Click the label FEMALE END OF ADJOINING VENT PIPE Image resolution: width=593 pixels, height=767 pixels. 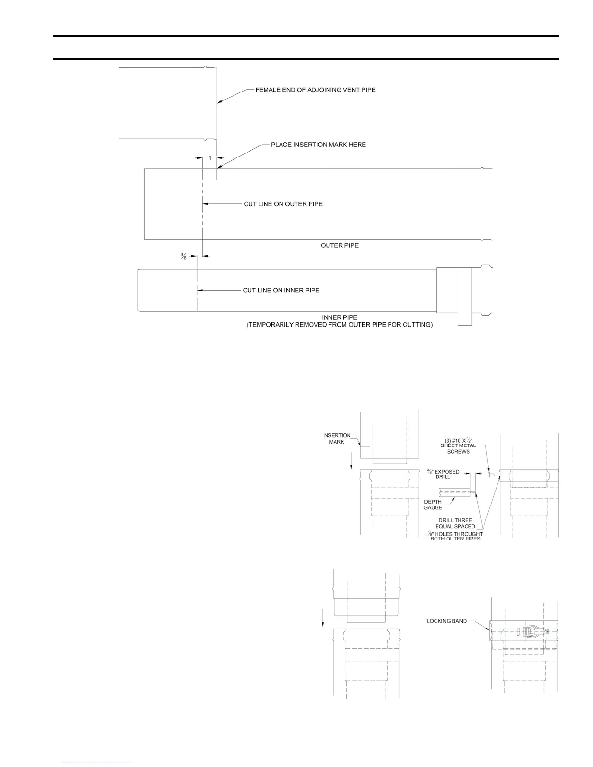(315, 90)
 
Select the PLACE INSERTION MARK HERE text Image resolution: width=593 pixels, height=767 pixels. (318, 145)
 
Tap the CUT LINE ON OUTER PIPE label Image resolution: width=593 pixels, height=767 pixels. (283, 204)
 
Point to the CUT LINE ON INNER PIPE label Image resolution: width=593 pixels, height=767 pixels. (281, 291)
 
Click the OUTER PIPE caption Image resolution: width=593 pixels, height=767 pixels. (340, 245)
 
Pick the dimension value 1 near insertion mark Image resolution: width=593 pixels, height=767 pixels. (209, 158)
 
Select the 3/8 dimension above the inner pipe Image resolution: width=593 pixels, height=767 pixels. (184, 256)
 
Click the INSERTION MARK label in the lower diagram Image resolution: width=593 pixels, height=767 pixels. (337, 438)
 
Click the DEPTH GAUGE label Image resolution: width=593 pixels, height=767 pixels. (433, 505)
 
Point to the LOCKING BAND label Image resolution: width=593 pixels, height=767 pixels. (447, 621)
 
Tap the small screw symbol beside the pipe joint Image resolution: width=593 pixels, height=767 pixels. (490, 475)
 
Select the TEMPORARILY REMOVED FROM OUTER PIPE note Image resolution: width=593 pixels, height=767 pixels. (340, 325)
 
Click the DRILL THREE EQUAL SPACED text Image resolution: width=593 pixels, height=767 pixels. (455, 523)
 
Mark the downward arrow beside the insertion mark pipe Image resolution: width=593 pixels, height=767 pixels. (352, 465)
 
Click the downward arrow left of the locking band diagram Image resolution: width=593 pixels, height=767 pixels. (323, 625)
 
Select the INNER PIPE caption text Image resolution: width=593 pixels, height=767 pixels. (340, 318)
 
